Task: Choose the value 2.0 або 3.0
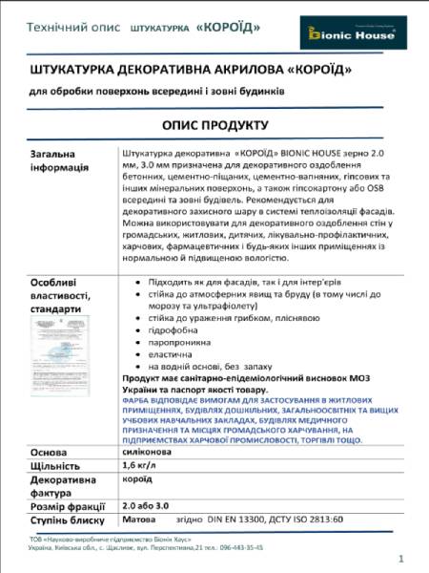point(146,506)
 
